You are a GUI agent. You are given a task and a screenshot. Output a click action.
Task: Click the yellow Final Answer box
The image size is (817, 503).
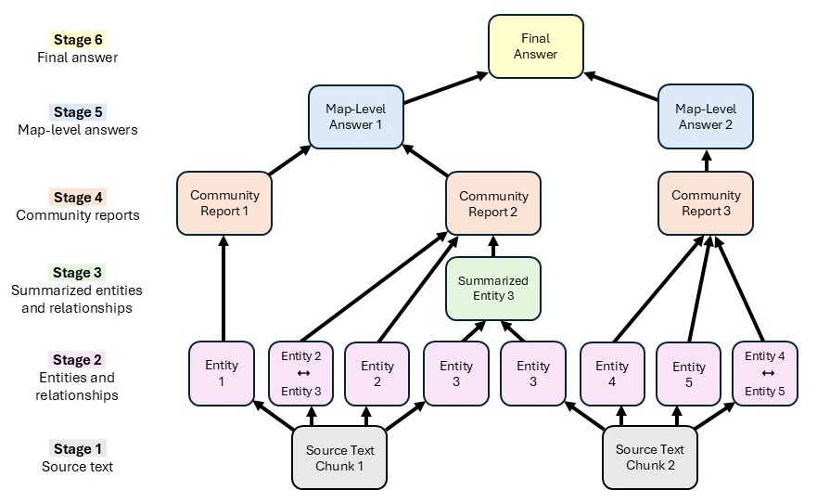[536, 45]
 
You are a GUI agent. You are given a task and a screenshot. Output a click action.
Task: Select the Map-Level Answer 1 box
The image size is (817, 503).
[355, 117]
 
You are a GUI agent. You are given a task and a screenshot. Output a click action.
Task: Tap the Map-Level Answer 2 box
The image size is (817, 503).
[706, 117]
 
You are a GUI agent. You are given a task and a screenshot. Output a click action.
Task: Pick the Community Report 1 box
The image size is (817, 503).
[224, 203]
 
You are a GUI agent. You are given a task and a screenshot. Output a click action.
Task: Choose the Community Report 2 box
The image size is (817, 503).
[493, 203]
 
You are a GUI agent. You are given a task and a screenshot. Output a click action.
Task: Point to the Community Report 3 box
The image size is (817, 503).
[706, 203]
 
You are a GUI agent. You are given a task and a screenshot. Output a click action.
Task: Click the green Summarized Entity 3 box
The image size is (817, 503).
[493, 288]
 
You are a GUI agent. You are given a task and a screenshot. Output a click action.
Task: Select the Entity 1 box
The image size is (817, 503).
[222, 373]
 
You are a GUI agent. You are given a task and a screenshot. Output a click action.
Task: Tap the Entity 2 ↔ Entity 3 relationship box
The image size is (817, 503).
[300, 373]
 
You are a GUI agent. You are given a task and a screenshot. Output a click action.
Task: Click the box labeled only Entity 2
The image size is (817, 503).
[377, 373]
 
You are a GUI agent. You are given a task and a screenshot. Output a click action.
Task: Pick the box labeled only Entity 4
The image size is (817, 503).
[612, 373]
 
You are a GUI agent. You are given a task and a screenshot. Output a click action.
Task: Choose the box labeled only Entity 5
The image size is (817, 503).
[688, 373]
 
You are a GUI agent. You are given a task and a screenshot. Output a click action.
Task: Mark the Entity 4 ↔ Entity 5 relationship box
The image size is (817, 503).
[765, 373]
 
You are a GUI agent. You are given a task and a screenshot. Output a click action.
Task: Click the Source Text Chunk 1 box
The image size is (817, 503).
[339, 458]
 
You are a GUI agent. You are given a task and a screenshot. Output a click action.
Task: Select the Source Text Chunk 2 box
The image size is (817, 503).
[650, 458]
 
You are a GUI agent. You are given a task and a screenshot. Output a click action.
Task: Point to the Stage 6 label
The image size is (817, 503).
[78, 40]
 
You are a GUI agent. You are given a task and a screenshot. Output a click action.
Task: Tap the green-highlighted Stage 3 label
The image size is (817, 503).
[78, 273]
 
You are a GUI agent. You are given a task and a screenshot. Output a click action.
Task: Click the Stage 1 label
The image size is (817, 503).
[78, 449]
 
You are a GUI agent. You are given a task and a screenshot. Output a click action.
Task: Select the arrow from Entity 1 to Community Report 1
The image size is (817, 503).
[223, 288]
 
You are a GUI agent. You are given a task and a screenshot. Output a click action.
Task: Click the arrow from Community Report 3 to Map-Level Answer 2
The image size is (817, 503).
[706, 161]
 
